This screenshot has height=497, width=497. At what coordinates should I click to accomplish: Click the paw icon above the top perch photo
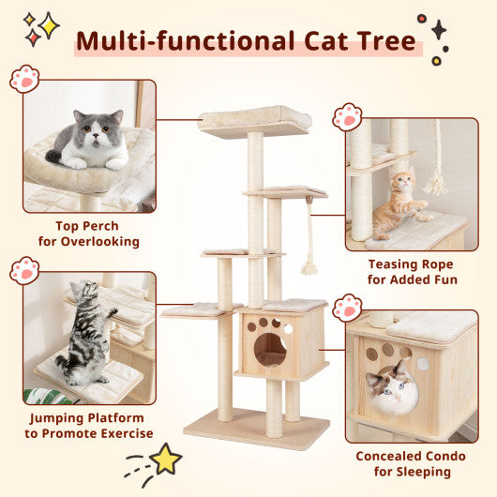pos(24,78)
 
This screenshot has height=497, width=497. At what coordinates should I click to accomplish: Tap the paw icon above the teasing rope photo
pos(347,116)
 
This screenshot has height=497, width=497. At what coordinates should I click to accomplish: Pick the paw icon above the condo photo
pos(347,308)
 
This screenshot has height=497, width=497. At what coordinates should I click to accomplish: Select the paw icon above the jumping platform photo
pos(24,271)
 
